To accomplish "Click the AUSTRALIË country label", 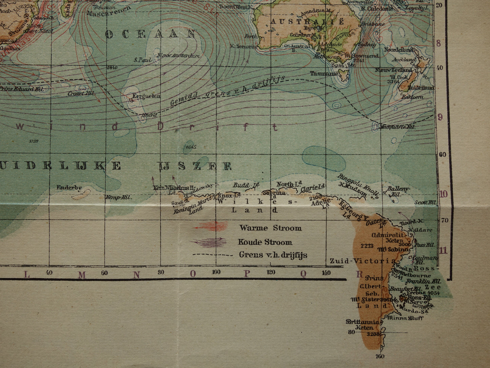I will click(307, 21).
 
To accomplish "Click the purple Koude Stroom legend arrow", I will click(209, 242).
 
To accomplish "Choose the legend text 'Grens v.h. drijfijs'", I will click(273, 255).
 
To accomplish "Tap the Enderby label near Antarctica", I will click(69, 187).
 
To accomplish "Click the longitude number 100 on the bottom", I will click(216, 272).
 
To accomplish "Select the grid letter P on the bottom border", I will click(247, 274).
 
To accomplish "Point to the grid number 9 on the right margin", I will click(440, 117).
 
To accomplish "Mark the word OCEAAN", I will click(151, 34).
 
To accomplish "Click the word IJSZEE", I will click(195, 166).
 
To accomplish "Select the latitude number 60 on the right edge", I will click(443, 154).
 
